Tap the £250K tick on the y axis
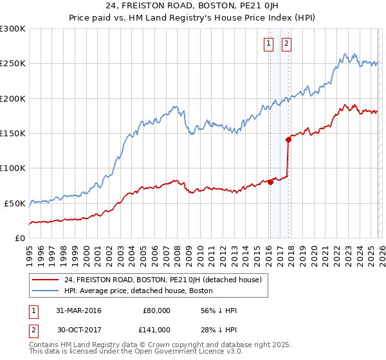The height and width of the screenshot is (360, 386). (13, 64)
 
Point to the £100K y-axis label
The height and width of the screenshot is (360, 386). (13, 168)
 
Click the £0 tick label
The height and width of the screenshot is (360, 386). (19, 238)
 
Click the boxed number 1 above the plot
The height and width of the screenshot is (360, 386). (268, 44)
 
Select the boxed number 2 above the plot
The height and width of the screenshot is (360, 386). (286, 44)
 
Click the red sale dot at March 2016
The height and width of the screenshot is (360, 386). (270, 182)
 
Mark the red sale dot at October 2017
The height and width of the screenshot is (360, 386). (288, 139)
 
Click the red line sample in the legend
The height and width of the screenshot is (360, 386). (46, 280)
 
